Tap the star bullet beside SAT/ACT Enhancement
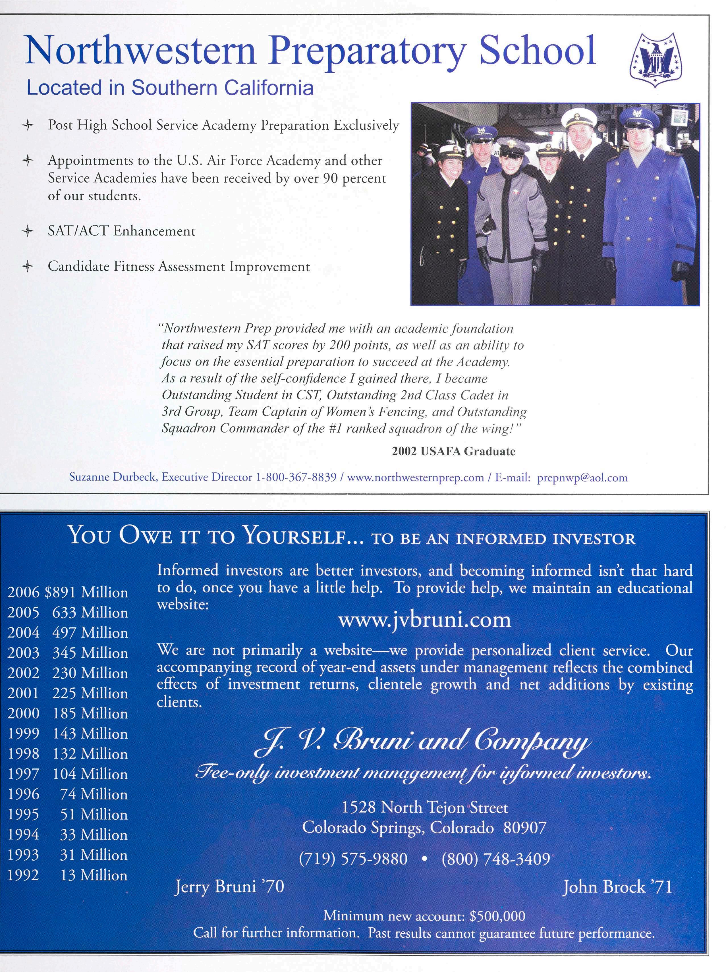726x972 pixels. point(28,231)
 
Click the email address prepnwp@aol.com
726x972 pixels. point(582,478)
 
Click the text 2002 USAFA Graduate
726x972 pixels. point(453,451)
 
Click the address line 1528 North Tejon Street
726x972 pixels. point(424,807)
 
